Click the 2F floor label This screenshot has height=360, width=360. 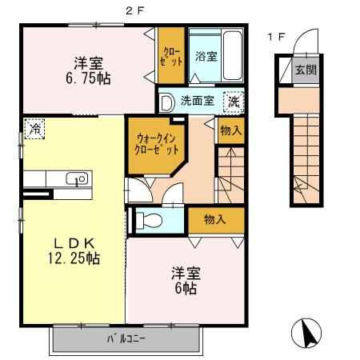point(134,10)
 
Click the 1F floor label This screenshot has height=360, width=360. point(277,37)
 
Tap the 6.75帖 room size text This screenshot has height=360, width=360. point(88,78)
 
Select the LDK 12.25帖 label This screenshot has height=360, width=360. point(74,250)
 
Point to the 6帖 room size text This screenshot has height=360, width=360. point(186,288)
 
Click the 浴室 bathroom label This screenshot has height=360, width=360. point(206,56)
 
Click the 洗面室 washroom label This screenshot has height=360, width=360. point(198,101)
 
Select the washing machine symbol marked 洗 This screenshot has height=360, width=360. point(234,102)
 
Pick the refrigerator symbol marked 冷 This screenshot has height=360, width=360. point(34,129)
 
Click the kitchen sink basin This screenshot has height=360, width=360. point(77,178)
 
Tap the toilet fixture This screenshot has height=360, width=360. point(149,220)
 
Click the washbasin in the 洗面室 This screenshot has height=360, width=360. point(167,102)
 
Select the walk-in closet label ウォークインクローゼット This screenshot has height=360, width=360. point(157,144)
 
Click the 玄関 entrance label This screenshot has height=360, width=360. point(306,70)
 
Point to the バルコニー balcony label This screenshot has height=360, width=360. point(126,339)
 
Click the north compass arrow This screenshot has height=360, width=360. point(308,334)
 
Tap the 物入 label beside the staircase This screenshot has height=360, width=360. point(231,130)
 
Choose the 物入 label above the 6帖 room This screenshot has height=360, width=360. point(215,219)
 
